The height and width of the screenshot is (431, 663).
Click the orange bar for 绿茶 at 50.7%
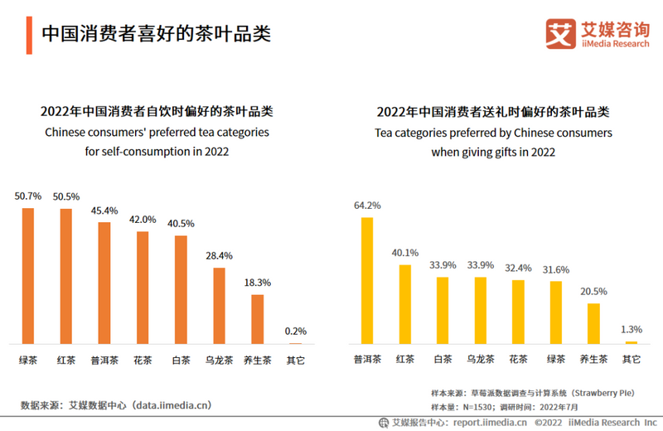click(x=28, y=275)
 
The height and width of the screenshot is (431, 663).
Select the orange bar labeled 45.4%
click(x=104, y=283)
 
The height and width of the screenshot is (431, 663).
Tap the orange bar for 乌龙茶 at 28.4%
click(x=219, y=305)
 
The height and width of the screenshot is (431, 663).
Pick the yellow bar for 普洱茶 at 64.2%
click(x=366, y=280)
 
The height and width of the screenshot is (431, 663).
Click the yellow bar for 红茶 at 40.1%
click(x=405, y=303)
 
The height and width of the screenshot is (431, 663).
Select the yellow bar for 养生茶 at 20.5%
click(x=593, y=322)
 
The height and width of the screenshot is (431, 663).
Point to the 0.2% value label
click(x=296, y=331)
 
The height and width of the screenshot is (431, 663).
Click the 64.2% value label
click(x=366, y=205)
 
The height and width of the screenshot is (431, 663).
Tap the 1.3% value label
click(x=632, y=328)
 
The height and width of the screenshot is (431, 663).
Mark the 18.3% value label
click(x=257, y=282)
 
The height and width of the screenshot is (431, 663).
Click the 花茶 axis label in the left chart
click(x=143, y=361)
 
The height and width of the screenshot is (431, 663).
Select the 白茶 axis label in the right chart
click(x=443, y=360)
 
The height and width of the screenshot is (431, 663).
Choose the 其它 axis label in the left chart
click(x=296, y=361)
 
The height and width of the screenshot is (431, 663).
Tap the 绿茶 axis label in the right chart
click(x=555, y=360)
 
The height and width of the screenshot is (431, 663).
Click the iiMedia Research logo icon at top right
click(x=560, y=34)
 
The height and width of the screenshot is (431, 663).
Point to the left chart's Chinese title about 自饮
click(x=157, y=111)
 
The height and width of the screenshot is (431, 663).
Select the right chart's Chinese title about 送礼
click(x=493, y=111)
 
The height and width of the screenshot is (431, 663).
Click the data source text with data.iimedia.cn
click(x=116, y=405)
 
